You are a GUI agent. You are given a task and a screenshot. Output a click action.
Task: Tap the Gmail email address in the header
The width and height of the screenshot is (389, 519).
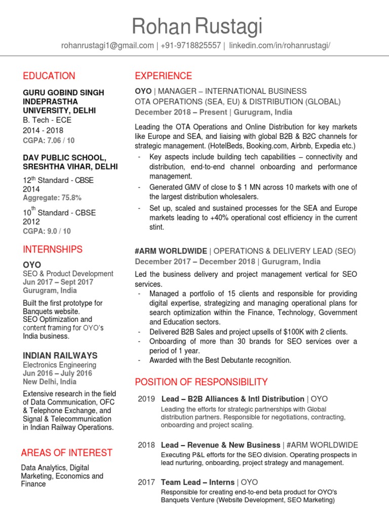(107, 46)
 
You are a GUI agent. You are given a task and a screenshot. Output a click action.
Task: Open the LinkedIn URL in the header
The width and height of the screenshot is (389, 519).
(280, 46)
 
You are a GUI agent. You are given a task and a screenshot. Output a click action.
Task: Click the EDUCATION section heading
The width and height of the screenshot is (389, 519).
(49, 76)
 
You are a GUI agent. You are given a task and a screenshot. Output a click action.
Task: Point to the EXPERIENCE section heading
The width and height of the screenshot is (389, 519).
(163, 76)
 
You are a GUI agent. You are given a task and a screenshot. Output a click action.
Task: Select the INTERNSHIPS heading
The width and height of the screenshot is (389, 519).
(52, 249)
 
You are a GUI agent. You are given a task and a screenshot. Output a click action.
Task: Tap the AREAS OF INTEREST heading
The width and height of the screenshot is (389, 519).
(66, 453)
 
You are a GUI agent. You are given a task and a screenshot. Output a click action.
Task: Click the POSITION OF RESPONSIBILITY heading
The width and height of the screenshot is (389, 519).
(201, 382)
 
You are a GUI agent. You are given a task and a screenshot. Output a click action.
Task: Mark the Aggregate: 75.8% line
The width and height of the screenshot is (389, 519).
(52, 198)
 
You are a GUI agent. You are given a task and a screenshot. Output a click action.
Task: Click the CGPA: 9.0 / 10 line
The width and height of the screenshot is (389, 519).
(47, 231)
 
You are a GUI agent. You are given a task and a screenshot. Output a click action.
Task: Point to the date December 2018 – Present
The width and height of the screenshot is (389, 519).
(179, 112)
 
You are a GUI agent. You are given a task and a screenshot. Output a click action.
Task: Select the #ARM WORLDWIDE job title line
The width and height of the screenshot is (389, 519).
(245, 251)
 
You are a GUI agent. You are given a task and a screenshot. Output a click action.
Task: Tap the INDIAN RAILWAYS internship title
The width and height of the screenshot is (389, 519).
(60, 356)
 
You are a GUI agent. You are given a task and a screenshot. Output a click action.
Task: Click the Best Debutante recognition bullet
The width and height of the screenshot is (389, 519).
(220, 360)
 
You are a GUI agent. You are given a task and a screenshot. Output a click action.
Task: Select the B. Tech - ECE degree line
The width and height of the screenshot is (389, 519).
(47, 121)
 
